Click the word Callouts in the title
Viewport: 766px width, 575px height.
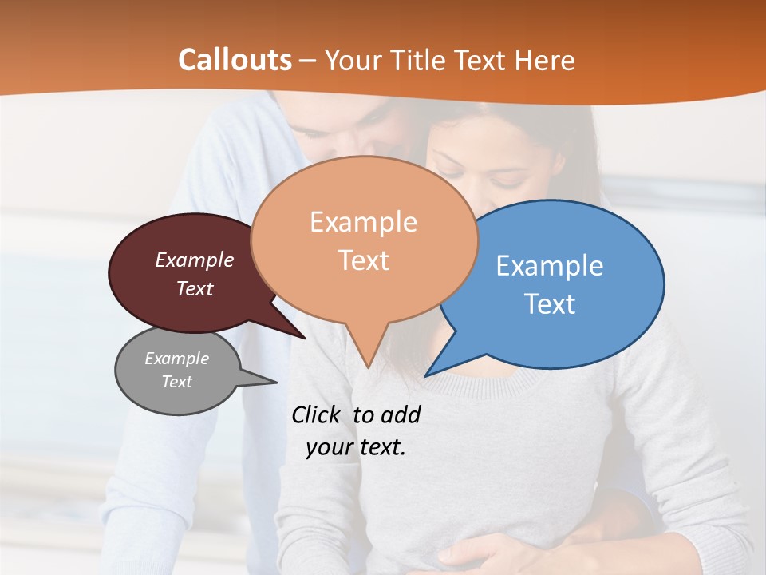235,60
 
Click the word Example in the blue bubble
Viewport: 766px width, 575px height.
549,266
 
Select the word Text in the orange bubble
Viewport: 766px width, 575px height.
364,260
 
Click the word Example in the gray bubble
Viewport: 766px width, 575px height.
176,359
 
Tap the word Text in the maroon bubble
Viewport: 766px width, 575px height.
195,288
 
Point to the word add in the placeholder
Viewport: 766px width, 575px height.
400,414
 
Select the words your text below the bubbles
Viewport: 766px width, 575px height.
356,447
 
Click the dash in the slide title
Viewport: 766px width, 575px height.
308,61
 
